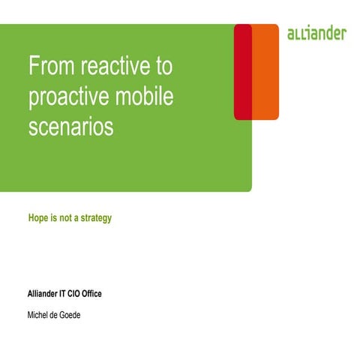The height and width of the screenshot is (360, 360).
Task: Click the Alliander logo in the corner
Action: (316, 34)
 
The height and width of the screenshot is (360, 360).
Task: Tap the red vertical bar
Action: (242, 71)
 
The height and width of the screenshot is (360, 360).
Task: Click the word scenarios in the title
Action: (70, 126)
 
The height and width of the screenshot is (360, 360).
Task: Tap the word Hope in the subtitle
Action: (38, 218)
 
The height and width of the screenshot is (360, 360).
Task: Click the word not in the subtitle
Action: (64, 218)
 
